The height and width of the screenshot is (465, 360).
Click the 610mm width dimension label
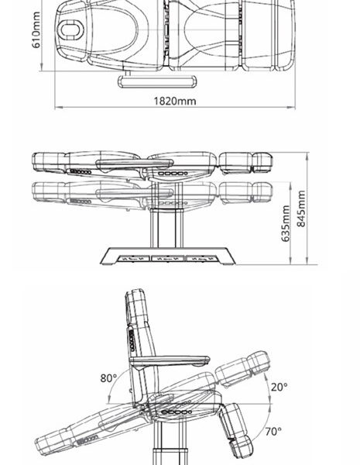tap(36, 29)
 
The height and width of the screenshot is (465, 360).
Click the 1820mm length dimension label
tap(175, 101)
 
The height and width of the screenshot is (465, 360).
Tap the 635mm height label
tap(286, 223)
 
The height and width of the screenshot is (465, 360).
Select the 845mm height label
tap(300, 208)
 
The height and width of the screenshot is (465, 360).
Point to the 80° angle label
tap(108, 378)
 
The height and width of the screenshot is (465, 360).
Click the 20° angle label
tap(279, 387)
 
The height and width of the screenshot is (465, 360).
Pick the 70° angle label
tap(273, 432)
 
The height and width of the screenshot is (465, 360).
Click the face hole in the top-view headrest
tap(70, 30)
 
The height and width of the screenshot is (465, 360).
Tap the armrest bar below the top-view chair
tap(157, 81)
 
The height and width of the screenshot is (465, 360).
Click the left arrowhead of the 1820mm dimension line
tap(58, 108)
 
